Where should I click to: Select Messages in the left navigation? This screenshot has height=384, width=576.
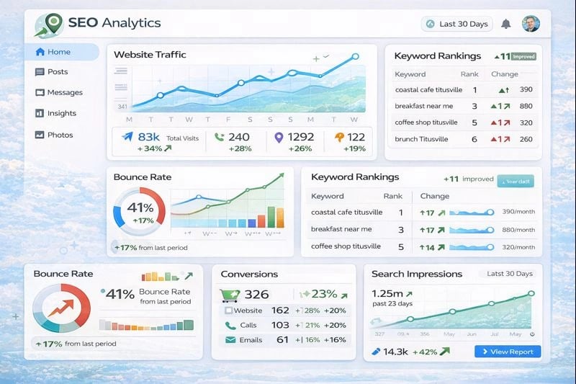pyautogui.click(x=64, y=92)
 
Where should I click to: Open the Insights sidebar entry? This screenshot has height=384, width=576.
pyautogui.click(x=61, y=113)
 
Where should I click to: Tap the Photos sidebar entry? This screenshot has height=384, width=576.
pyautogui.click(x=60, y=135)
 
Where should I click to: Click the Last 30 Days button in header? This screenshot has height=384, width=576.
pyautogui.click(x=456, y=24)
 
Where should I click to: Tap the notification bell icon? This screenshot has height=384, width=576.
pyautogui.click(x=506, y=24)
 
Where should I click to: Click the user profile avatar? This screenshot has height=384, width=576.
pyautogui.click(x=531, y=24)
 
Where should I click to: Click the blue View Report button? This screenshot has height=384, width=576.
pyautogui.click(x=508, y=352)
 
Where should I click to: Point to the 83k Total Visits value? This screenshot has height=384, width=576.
pyautogui.click(x=148, y=137)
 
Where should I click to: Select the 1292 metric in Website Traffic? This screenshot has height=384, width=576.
pyautogui.click(x=300, y=137)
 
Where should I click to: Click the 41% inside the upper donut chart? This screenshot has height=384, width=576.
pyautogui.click(x=140, y=207)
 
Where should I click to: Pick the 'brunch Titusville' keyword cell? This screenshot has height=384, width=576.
pyautogui.click(x=421, y=139)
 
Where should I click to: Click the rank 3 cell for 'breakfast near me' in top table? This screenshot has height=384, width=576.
pyautogui.click(x=474, y=106)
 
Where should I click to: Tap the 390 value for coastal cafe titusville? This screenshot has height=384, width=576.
pyautogui.click(x=526, y=89)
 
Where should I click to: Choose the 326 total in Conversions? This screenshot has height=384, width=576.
pyautogui.click(x=256, y=294)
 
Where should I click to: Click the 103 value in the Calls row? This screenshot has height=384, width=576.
pyautogui.click(x=280, y=325)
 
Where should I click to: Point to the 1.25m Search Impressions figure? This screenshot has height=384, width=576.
pyautogui.click(x=388, y=293)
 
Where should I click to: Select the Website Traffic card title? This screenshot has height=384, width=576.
pyautogui.click(x=150, y=55)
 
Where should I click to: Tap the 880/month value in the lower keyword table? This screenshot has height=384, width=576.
pyautogui.click(x=518, y=230)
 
